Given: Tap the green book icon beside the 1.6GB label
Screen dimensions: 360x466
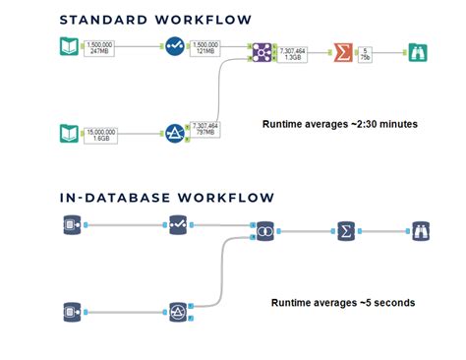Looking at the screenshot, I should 68,132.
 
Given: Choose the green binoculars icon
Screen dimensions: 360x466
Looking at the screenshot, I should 418,52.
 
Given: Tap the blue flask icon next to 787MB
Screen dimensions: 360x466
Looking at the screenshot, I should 177,131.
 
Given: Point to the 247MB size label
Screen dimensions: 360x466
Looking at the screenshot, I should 99,52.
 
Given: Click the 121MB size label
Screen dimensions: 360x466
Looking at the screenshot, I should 205,52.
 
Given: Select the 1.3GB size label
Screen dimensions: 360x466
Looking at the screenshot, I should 294,57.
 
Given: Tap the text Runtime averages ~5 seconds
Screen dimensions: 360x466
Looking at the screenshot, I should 342,302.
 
